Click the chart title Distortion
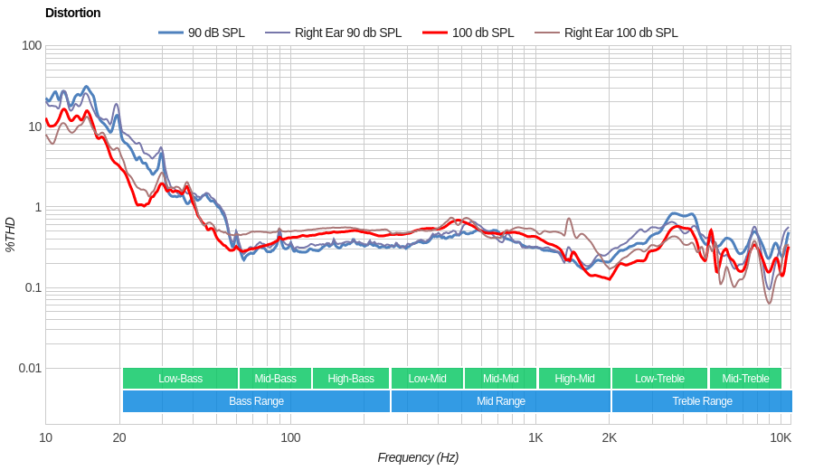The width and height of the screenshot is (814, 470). [72, 13]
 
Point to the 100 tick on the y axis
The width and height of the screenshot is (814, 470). [32, 46]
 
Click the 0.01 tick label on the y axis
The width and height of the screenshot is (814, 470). [30, 368]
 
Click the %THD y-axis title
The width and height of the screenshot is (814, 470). [10, 234]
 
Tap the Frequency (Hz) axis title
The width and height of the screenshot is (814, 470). [418, 457]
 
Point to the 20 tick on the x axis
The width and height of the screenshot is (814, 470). [119, 437]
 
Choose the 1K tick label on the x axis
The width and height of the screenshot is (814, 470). [535, 437]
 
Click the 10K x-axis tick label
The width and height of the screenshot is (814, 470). [781, 437]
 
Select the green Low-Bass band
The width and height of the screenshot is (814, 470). [180, 379]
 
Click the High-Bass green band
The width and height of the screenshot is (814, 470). [351, 379]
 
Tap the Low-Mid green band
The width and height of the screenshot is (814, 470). [427, 379]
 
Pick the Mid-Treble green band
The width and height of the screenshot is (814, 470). [745, 379]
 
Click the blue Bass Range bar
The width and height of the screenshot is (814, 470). [256, 401]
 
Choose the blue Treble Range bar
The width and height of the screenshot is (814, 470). [702, 401]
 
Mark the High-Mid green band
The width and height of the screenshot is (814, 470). [574, 379]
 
